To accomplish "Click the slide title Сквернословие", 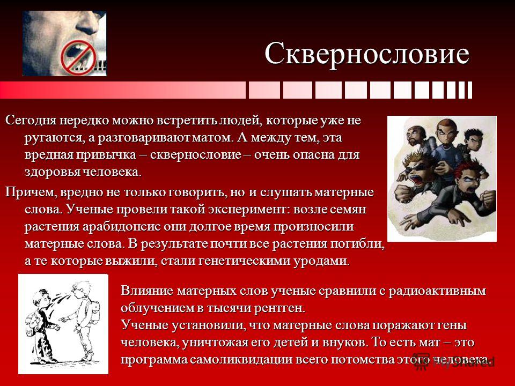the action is (x=367, y=54).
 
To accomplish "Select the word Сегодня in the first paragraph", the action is (x=31, y=121).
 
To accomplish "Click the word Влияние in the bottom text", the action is (x=146, y=291).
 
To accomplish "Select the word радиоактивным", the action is (x=437, y=291).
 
